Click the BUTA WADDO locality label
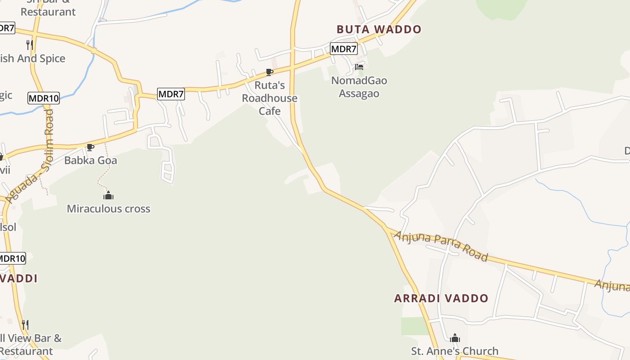pyautogui.click(x=379, y=30)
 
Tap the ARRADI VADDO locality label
pyautogui.click(x=441, y=298)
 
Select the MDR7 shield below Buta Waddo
pyautogui.click(x=343, y=49)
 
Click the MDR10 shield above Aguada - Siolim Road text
pyautogui.click(x=43, y=98)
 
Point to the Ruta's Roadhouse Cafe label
pyautogui.click(x=270, y=98)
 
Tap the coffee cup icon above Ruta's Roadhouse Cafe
pyautogui.click(x=269, y=72)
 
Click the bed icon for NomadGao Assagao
pyautogui.click(x=359, y=67)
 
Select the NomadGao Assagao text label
pyautogui.click(x=359, y=87)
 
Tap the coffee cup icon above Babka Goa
pyautogui.click(x=90, y=147)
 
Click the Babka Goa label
pyautogui.click(x=90, y=160)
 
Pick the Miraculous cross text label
pyautogui.click(x=108, y=209)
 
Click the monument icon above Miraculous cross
pyautogui.click(x=108, y=195)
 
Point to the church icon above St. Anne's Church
pyautogui.click(x=455, y=337)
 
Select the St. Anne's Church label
pyautogui.click(x=455, y=351)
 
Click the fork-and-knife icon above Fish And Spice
pyautogui.click(x=29, y=45)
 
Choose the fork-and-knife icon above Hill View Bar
pyautogui.click(x=25, y=324)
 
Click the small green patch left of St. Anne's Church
pyautogui.click(x=414, y=326)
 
